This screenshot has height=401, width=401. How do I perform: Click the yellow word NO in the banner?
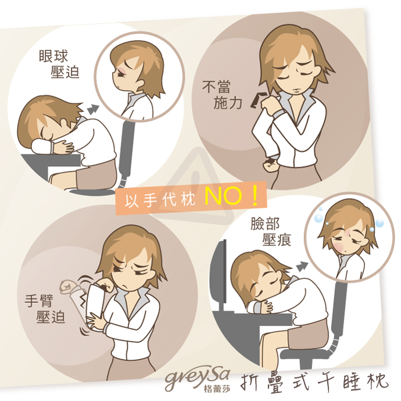[224, 196]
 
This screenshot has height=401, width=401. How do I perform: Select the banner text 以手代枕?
[160, 199]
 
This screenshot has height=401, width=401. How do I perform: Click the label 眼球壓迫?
[59, 64]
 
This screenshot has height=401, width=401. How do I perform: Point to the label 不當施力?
[222, 94]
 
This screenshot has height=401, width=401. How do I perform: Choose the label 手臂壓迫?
[45, 309]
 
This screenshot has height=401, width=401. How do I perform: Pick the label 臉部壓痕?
[271, 231]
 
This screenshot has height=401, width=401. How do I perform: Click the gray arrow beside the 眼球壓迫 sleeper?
[93, 109]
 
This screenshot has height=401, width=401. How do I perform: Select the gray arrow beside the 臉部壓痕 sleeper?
[302, 267]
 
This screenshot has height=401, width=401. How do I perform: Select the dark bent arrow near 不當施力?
[257, 100]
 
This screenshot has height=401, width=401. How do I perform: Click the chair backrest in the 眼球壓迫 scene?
[127, 148]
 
